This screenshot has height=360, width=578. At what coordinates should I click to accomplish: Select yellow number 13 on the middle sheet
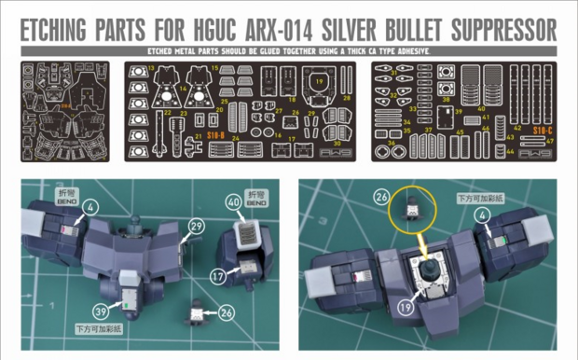tap(151, 69)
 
